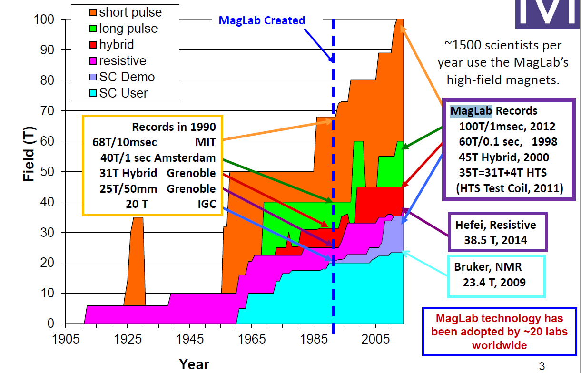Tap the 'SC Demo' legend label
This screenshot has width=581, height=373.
[x=127, y=77]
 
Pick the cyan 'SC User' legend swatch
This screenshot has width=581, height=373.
[x=93, y=93]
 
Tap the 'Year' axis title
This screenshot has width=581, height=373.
[x=194, y=364]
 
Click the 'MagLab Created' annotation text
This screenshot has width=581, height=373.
[x=261, y=20]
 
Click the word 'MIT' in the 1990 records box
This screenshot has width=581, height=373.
[x=206, y=142]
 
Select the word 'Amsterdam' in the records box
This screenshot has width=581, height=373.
[x=191, y=157]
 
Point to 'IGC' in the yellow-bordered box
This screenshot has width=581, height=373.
[x=206, y=204]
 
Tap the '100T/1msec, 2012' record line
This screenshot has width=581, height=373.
[x=507, y=127]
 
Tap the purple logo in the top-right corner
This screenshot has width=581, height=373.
[x=547, y=12]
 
